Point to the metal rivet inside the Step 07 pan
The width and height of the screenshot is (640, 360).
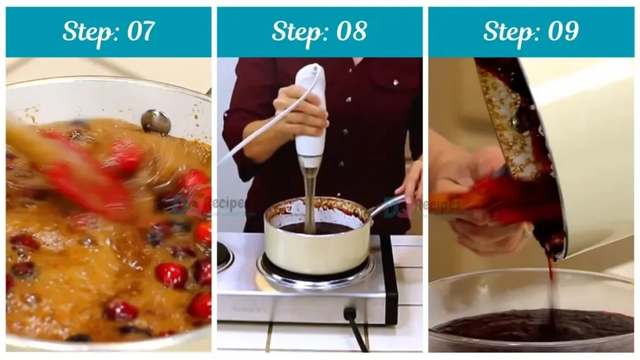pos(156,121)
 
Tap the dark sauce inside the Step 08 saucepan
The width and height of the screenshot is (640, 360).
pos(319,228)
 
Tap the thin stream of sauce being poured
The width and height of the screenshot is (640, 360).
pos(551,287)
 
